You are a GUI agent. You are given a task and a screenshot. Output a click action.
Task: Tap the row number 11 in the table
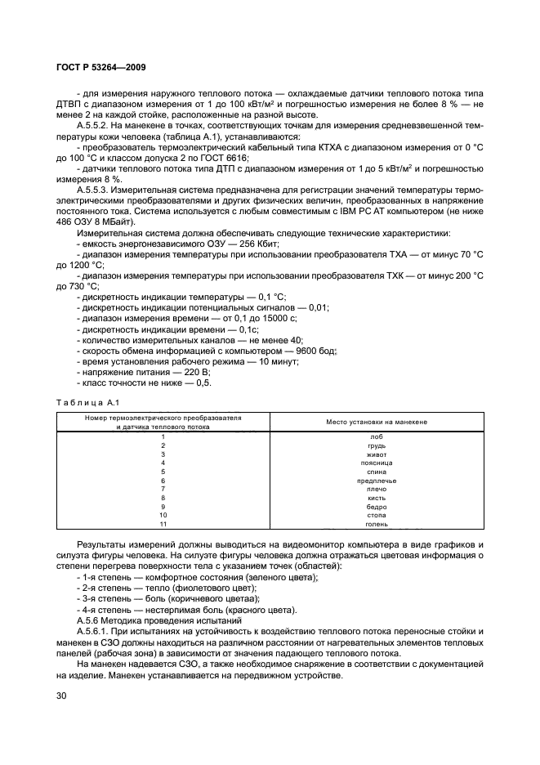pyautogui.click(x=163, y=524)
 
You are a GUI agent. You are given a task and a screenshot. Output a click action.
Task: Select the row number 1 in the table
pyautogui.click(x=163, y=436)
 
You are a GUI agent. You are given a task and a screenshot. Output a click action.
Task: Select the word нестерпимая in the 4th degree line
pyautogui.click(x=171, y=610)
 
